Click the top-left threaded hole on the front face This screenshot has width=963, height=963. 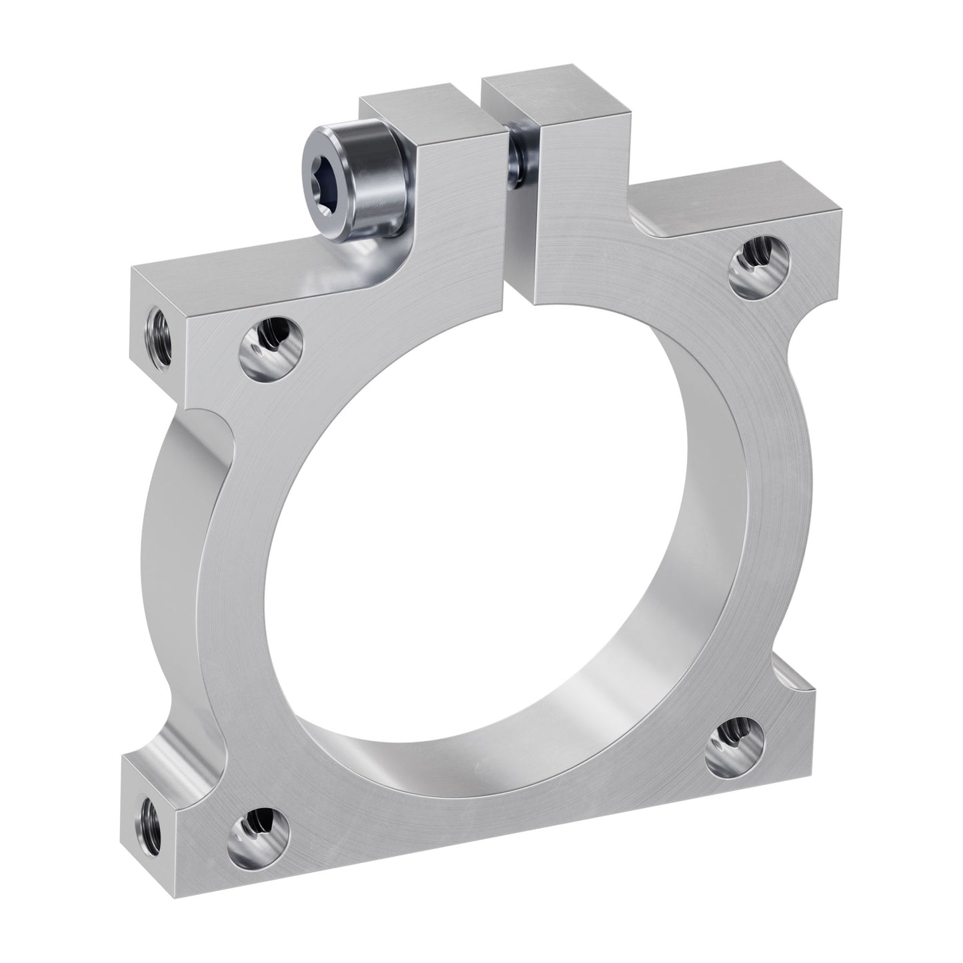(271, 344)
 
